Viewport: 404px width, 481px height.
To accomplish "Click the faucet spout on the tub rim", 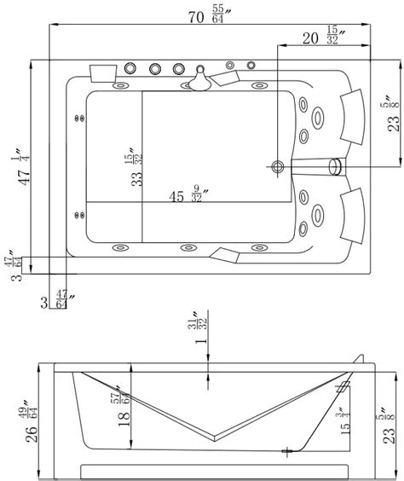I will tap(200, 82).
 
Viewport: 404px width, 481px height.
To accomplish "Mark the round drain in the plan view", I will tap(278, 167).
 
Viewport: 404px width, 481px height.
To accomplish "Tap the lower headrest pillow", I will tap(353, 212).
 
